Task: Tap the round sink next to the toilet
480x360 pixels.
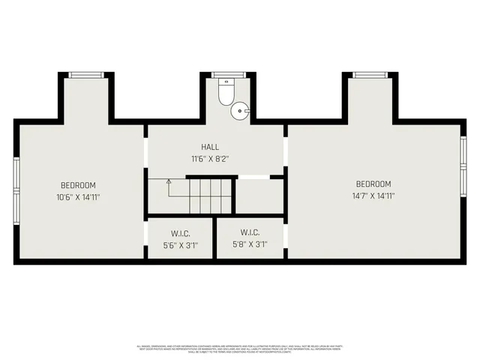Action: (240, 110)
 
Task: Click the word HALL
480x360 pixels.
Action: (210, 147)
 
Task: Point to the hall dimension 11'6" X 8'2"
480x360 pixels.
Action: (210, 159)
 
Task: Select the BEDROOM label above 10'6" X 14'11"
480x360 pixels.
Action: (78, 184)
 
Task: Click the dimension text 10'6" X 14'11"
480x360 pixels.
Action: (78, 197)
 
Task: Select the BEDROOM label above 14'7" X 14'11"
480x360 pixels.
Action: (373, 184)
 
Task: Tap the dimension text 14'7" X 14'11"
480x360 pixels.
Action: (373, 196)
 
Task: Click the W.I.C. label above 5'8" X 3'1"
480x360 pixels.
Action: (250, 232)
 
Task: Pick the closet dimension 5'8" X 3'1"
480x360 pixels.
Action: (250, 244)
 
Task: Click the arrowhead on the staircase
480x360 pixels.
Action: (169, 181)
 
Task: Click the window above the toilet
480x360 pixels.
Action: (223, 75)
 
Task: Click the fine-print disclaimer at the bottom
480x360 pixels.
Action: (240, 349)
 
